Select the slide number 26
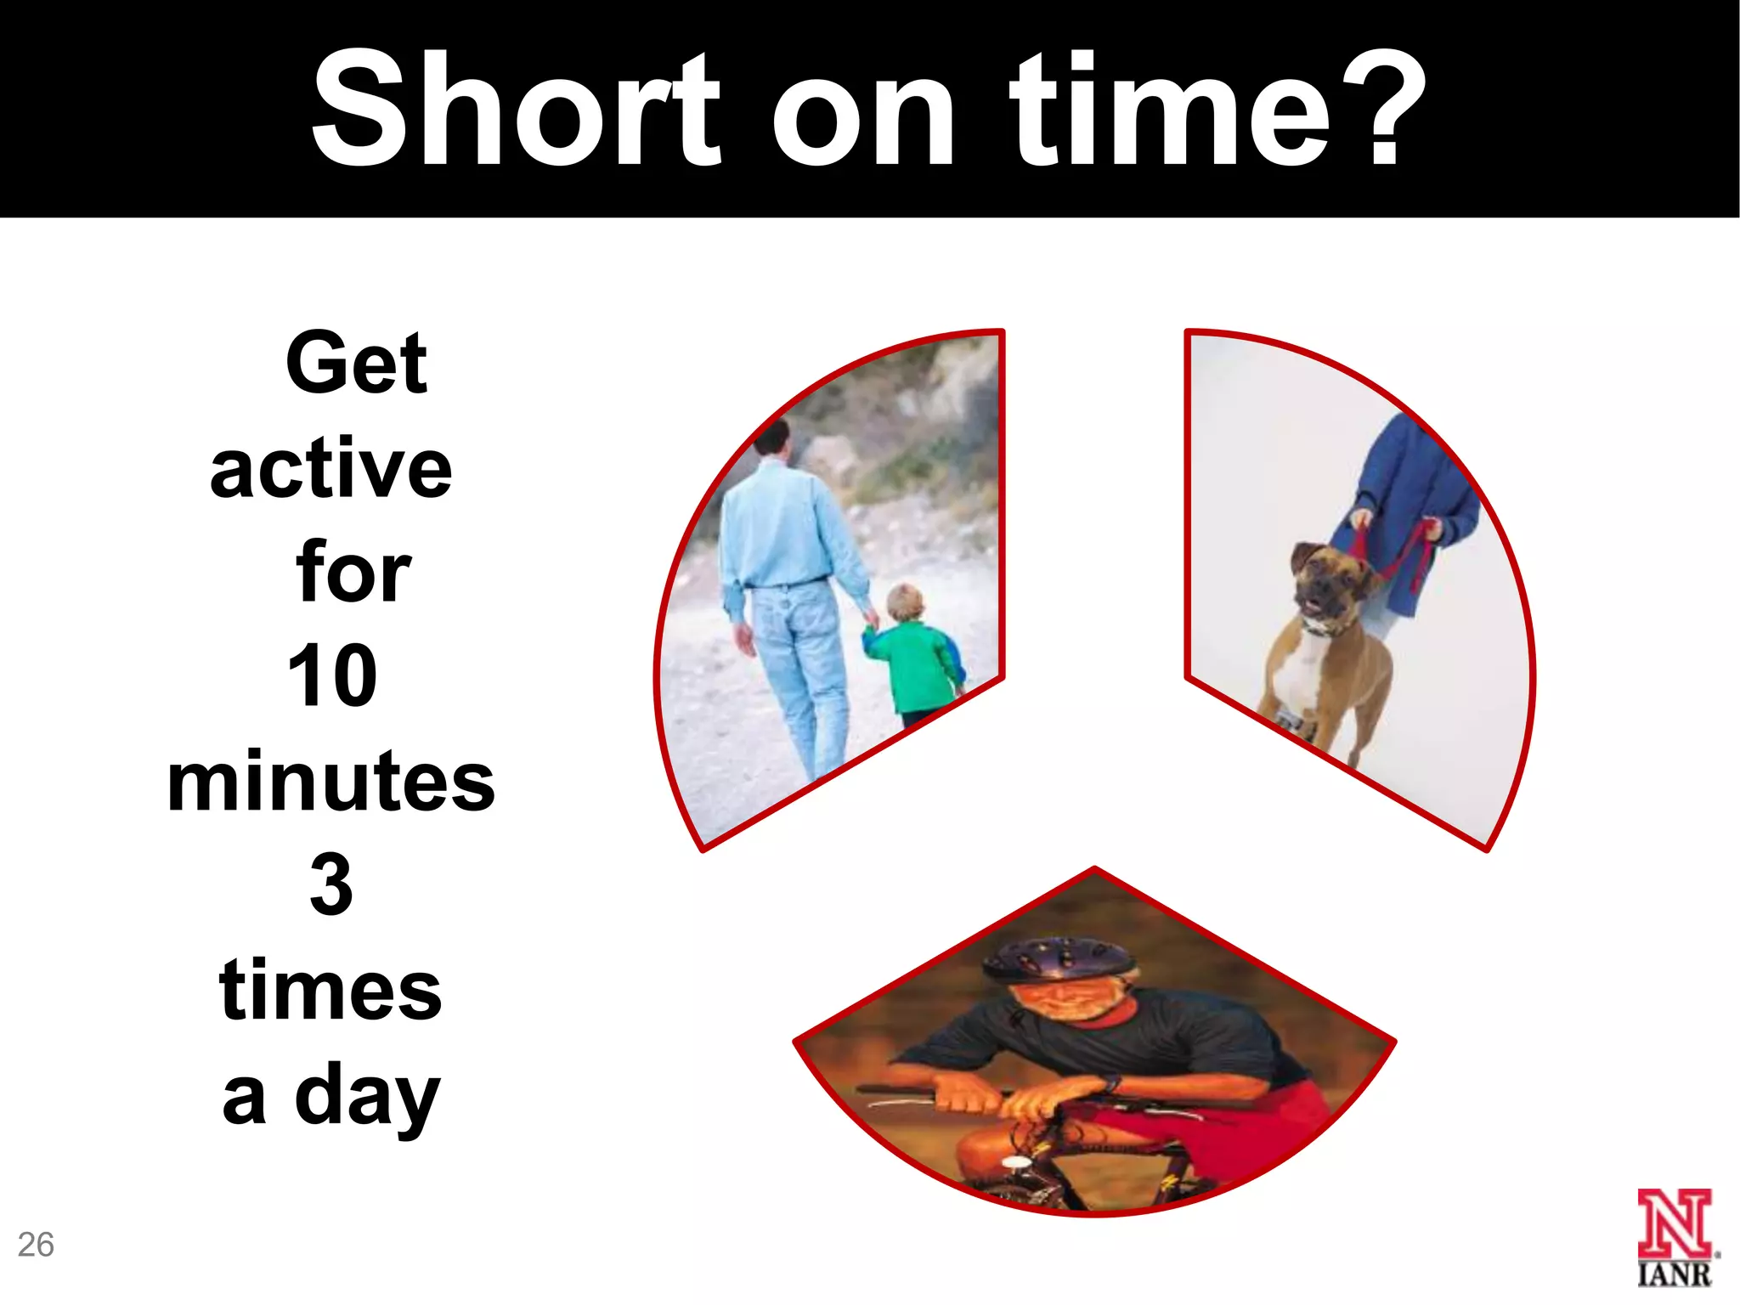coord(36,1245)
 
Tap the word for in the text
coord(353,573)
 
